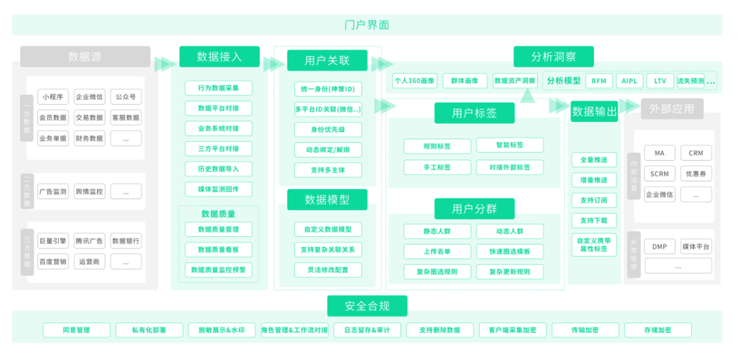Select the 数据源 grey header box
(x=85, y=56)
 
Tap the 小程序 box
(x=53, y=97)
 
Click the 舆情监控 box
(x=90, y=192)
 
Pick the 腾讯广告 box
(x=90, y=241)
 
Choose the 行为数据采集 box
(x=218, y=88)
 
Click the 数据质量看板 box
(x=218, y=249)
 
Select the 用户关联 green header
(x=327, y=60)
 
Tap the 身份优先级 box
(x=328, y=129)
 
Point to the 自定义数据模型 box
(x=328, y=229)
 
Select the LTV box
(x=660, y=81)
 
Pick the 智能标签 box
(x=509, y=145)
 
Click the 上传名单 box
(x=438, y=251)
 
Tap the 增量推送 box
(x=593, y=180)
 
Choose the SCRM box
(x=660, y=174)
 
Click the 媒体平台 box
(x=695, y=246)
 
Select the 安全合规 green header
(x=367, y=305)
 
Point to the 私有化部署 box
(x=148, y=330)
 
